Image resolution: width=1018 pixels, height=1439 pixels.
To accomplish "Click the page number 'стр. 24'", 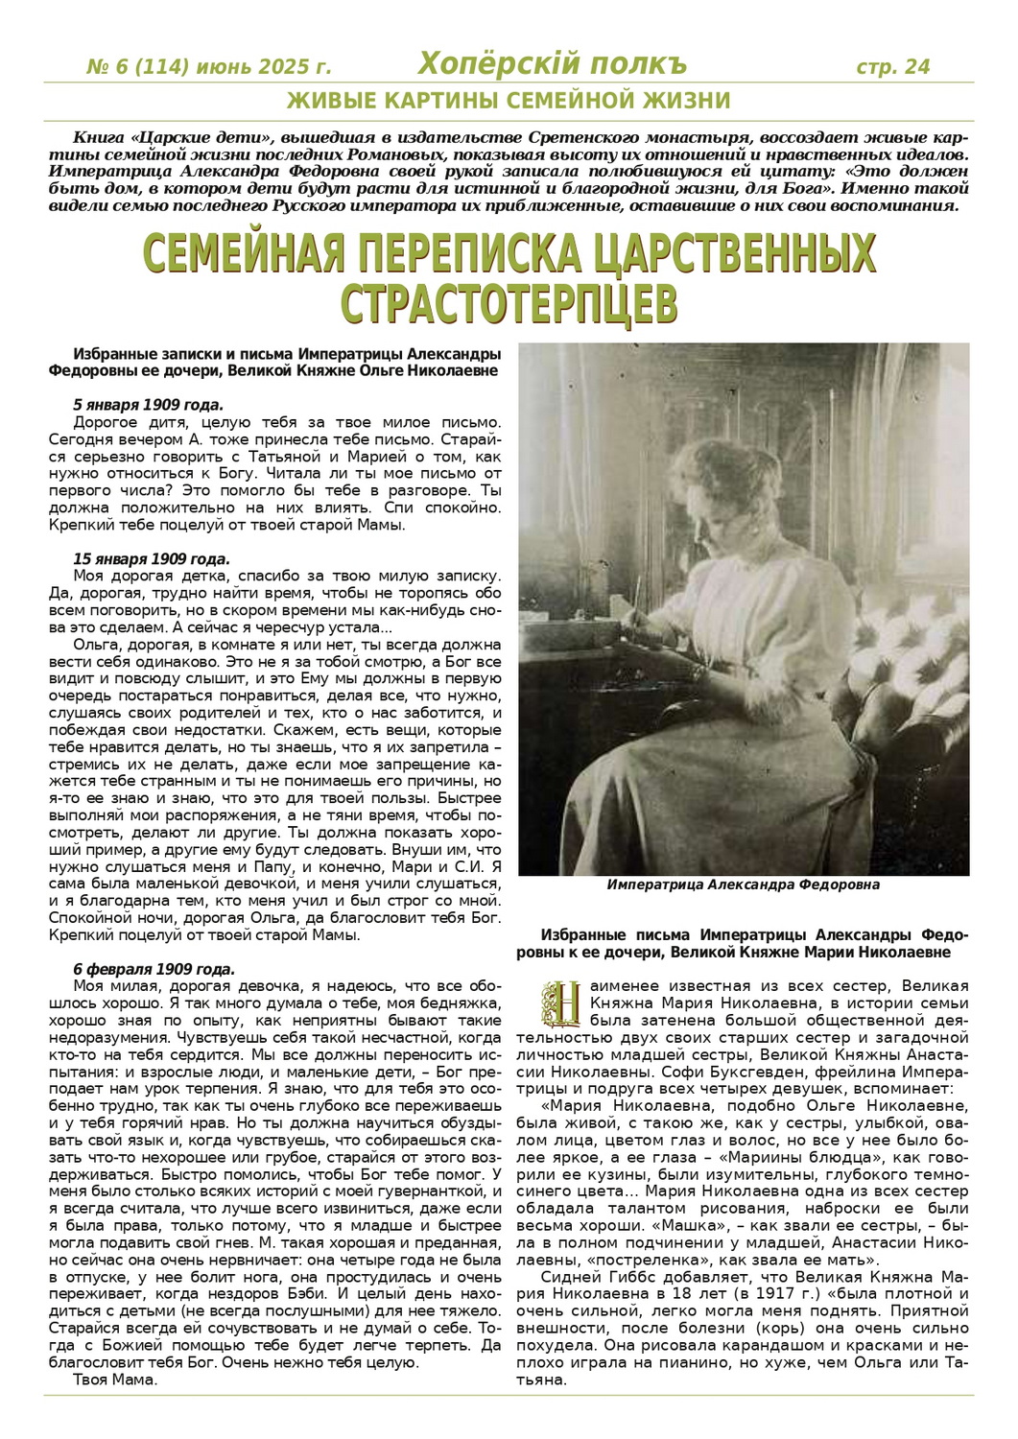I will click(892, 66).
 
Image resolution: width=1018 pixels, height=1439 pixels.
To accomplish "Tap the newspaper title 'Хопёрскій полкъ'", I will click(553, 64).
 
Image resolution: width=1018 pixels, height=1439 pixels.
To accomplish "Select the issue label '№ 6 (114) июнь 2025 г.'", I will click(209, 67).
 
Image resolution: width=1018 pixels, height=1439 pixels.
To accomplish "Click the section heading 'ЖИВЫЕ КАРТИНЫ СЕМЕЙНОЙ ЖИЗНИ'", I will click(509, 101).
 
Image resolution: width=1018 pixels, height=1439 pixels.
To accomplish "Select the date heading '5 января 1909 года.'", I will click(148, 404).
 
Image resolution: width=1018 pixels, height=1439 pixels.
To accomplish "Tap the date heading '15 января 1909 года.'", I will click(152, 558).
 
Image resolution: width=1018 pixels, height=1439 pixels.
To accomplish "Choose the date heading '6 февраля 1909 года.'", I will click(154, 969).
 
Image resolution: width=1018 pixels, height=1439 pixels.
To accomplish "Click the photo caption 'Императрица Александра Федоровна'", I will click(743, 885).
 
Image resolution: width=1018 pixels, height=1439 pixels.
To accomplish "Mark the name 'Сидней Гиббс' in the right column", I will click(587, 1277).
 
